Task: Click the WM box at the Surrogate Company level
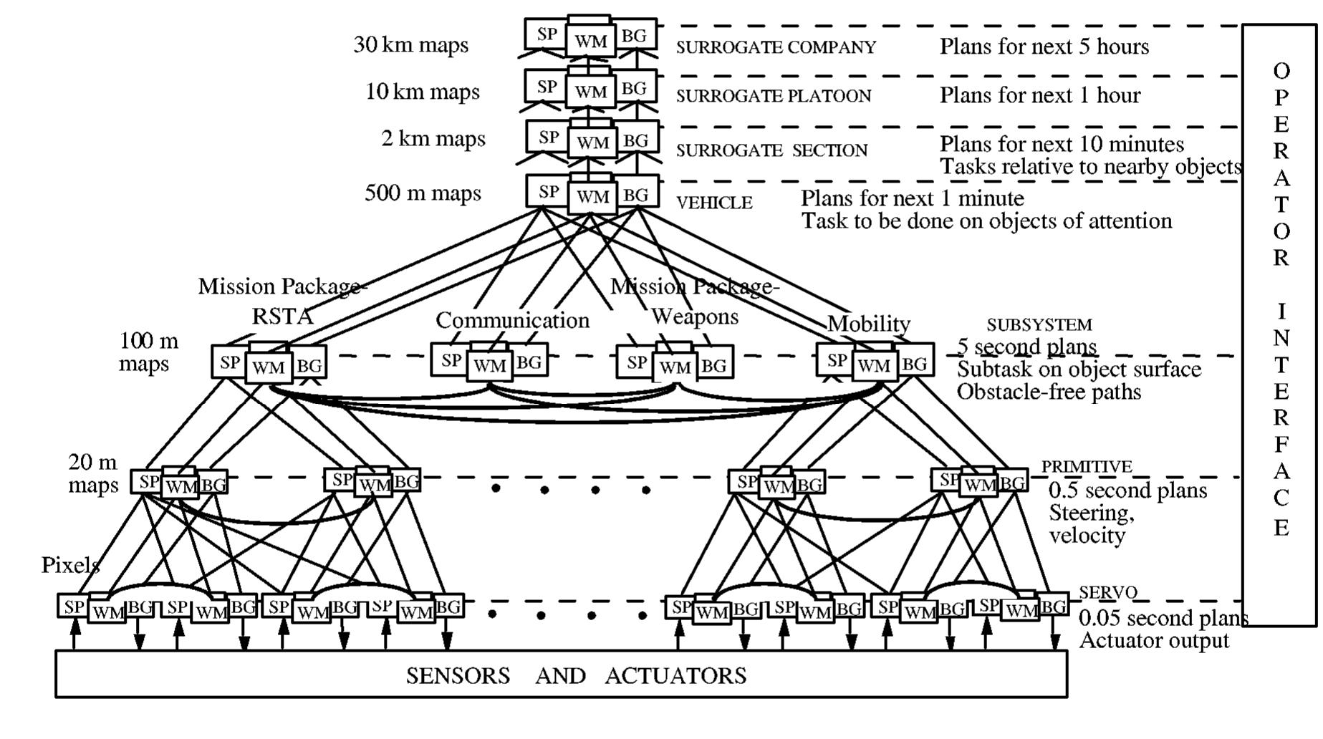(x=590, y=42)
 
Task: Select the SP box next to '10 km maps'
(x=547, y=87)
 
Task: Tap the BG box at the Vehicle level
(x=635, y=194)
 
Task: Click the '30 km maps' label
(x=410, y=45)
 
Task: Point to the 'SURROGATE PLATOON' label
(x=774, y=96)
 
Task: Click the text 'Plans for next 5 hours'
(x=1044, y=47)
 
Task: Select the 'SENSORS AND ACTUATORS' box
(x=561, y=675)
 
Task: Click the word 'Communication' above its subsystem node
(x=512, y=320)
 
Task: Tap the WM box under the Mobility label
(x=873, y=366)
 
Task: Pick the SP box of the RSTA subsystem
(x=229, y=362)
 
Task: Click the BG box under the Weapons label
(x=713, y=366)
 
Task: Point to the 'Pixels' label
(x=70, y=565)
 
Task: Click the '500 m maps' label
(x=423, y=193)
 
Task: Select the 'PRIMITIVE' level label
(x=1086, y=467)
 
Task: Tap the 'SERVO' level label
(x=1107, y=592)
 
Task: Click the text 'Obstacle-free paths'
(x=1049, y=392)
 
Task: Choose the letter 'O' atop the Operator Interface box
(x=1281, y=71)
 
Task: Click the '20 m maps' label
(x=93, y=473)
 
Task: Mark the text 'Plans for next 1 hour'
(x=1039, y=95)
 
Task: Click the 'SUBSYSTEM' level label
(x=1039, y=325)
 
